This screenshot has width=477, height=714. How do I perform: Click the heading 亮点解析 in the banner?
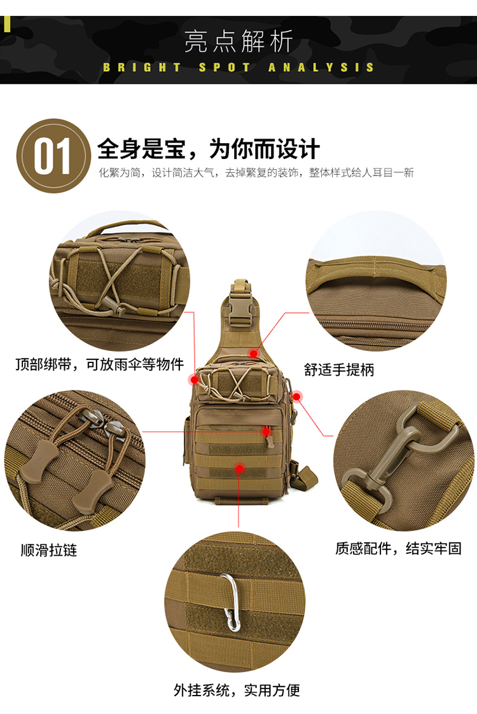238,41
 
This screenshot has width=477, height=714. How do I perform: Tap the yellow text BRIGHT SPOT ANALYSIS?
238,67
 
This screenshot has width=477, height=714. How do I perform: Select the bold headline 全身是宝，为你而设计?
208,148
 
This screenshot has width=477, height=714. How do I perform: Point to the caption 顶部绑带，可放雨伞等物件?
99,364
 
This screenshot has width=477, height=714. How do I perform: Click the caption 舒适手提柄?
338,369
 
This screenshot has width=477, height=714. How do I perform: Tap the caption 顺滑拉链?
49,550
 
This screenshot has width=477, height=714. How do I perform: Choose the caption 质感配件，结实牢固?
398,548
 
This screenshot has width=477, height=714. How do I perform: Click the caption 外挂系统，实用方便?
237,690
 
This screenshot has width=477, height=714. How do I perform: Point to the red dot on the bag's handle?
253,354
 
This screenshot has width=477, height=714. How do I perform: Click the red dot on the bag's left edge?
195,380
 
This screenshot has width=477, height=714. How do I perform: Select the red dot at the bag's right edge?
296,397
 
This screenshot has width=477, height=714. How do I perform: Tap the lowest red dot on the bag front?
239,468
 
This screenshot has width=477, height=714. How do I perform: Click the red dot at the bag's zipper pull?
266,431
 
